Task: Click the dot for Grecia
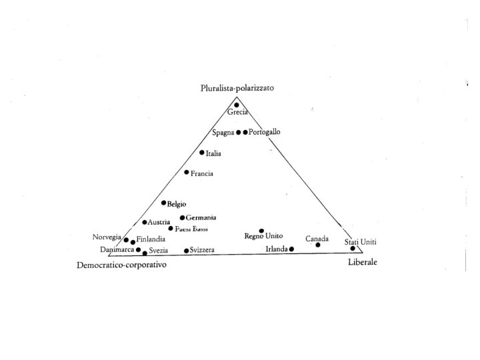click(x=237, y=105)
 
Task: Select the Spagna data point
click(x=238, y=132)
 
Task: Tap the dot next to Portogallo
click(x=245, y=132)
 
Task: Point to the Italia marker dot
click(x=202, y=153)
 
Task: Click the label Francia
click(x=202, y=174)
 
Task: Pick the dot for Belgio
click(x=163, y=203)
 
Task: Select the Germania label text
click(x=201, y=218)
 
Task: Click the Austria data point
click(x=145, y=222)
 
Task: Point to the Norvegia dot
click(x=126, y=240)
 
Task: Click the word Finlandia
click(x=151, y=240)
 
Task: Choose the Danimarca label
click(x=117, y=250)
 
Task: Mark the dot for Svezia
click(x=145, y=253)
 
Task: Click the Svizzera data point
click(x=187, y=251)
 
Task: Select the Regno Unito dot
click(x=261, y=231)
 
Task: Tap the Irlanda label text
click(x=276, y=249)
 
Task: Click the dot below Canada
click(x=317, y=245)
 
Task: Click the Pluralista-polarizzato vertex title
click(x=237, y=88)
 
